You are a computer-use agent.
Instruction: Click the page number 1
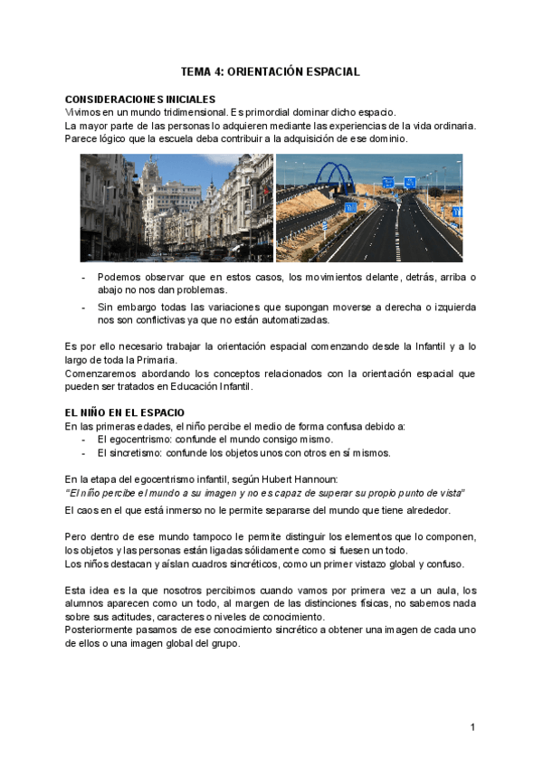click(x=472, y=727)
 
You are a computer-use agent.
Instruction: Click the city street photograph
click(x=176, y=207)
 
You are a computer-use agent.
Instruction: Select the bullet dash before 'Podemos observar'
click(x=84, y=277)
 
